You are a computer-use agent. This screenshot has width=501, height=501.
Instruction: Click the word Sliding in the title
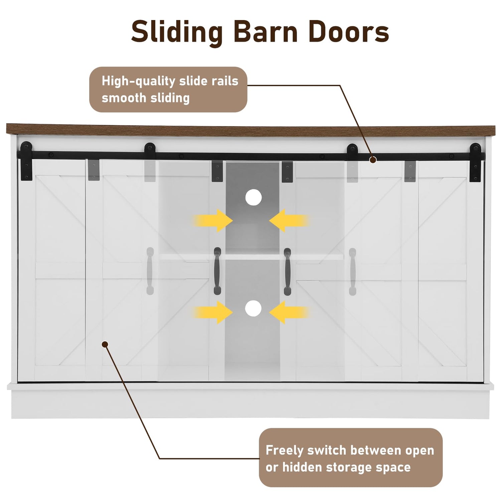177,32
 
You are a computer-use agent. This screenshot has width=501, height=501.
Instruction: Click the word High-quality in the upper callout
138,81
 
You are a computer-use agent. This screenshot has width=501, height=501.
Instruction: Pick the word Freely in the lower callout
284,450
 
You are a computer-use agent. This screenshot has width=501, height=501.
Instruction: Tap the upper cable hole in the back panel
253,197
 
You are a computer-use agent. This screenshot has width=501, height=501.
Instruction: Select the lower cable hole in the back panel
253,308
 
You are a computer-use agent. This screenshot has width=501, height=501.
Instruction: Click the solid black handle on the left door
217,271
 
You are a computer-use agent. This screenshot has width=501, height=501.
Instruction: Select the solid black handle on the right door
287,272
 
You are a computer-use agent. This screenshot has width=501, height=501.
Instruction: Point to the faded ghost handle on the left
150,271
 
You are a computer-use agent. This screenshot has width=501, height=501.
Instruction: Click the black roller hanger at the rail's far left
26,160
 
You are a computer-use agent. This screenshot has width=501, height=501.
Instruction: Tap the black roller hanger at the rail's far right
475,162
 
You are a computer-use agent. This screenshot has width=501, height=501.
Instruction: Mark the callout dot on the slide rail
373,160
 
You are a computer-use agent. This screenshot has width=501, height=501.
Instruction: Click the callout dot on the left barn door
105,344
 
